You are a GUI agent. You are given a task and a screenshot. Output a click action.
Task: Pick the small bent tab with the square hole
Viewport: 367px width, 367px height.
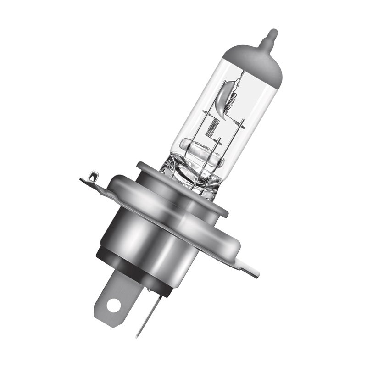tap(92, 177)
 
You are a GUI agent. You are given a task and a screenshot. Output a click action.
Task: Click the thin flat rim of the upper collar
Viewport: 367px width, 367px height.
tap(183, 183)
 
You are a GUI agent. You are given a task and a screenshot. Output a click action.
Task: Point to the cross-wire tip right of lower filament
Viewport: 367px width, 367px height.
tap(242, 124)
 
